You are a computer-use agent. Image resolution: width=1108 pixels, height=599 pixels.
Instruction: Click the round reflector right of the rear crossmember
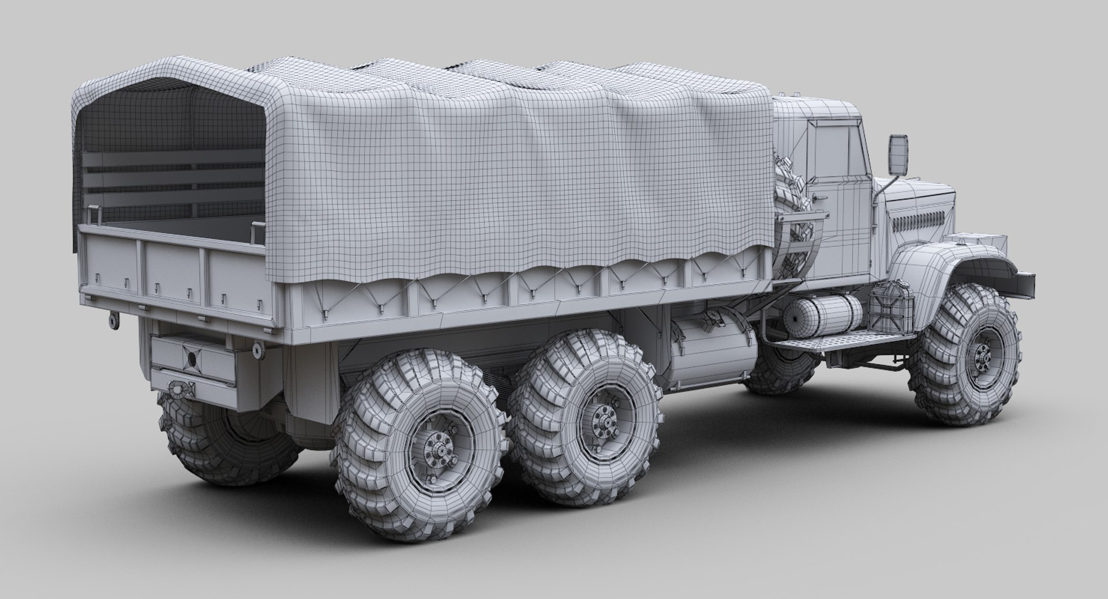point(256,347)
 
